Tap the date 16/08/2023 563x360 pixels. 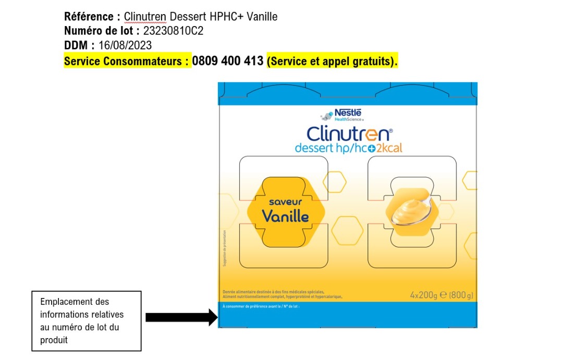(x=125, y=46)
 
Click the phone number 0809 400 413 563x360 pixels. (x=228, y=61)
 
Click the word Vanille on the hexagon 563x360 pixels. (x=285, y=216)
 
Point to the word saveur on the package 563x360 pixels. (x=286, y=202)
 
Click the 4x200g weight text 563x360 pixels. (x=423, y=295)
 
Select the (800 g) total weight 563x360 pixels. (x=461, y=295)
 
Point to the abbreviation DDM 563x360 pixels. (x=76, y=46)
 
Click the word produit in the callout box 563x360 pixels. (x=54, y=340)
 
